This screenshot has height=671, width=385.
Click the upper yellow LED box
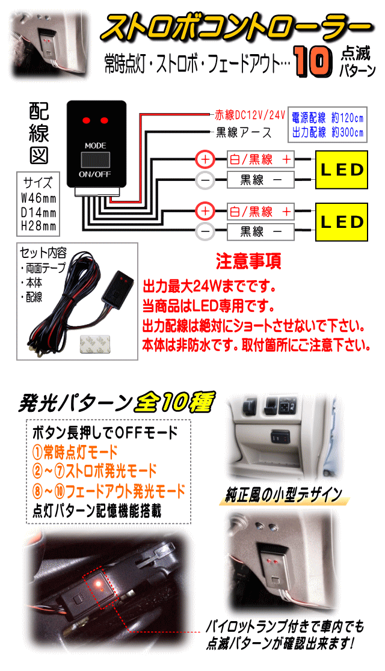coord(341,170)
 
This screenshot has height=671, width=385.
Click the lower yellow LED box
coord(341,222)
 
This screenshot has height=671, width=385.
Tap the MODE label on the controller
coord(95,146)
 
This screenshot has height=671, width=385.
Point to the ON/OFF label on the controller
coord(94,174)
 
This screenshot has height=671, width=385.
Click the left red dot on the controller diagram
coord(86,119)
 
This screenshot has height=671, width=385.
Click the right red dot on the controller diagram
coord(103,119)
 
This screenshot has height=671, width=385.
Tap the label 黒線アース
coord(244,133)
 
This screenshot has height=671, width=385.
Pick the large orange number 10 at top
coord(313,62)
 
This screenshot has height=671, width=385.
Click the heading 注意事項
coord(248,262)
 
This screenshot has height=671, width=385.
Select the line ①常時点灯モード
coord(75,452)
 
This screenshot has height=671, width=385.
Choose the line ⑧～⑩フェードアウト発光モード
coord(109,491)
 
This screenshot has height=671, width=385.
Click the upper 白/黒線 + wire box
coord(260,160)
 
